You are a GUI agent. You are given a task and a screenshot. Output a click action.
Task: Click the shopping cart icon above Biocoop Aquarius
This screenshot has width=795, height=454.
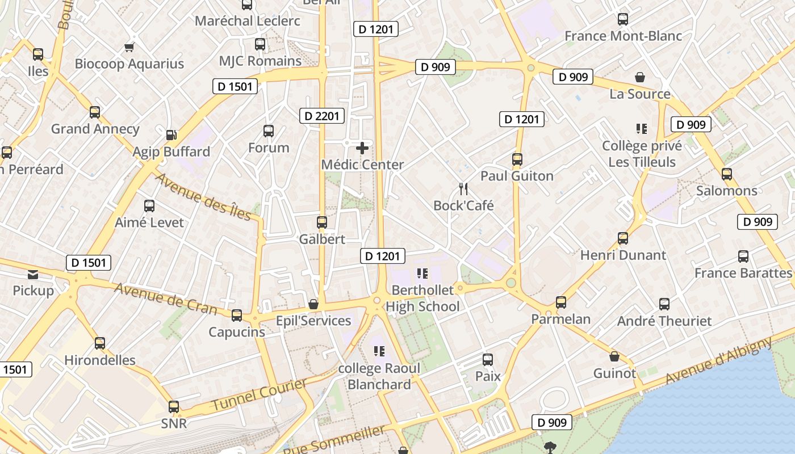(x=129, y=47)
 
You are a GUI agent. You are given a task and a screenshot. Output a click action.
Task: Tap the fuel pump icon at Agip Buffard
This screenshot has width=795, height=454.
(x=171, y=135)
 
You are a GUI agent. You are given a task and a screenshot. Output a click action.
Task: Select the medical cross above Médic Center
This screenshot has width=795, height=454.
(x=362, y=148)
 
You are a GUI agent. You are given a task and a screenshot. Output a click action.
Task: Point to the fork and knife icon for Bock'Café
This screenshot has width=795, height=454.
(x=464, y=188)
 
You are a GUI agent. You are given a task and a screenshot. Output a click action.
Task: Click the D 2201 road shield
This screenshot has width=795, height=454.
(x=322, y=116)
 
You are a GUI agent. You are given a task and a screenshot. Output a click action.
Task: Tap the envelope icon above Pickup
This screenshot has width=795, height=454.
(x=33, y=275)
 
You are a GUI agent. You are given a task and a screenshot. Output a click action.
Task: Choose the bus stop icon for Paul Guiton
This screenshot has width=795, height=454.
(x=517, y=159)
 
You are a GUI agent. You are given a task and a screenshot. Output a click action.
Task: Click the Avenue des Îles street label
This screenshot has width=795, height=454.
(x=203, y=196)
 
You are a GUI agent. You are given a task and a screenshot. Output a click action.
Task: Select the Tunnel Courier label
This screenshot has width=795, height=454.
(x=259, y=394)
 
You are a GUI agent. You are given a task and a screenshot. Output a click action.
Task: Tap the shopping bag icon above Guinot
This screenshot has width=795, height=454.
(x=614, y=356)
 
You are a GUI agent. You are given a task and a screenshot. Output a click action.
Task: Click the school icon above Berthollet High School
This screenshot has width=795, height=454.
(x=422, y=274)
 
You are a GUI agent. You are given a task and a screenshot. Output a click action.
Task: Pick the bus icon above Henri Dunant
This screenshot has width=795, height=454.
(x=623, y=238)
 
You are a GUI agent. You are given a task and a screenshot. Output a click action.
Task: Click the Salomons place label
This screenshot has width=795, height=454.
(x=727, y=191)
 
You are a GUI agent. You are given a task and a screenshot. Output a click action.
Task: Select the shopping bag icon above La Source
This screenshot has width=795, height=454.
(x=640, y=77)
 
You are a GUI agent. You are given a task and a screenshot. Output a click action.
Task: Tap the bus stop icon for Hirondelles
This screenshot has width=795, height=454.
(x=100, y=343)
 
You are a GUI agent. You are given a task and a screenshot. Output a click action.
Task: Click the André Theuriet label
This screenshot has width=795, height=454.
(x=664, y=321)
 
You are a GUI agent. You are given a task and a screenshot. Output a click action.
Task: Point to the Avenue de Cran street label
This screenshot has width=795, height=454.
(x=165, y=298)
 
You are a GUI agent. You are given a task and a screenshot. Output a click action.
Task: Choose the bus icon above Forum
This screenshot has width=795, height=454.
(x=269, y=131)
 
